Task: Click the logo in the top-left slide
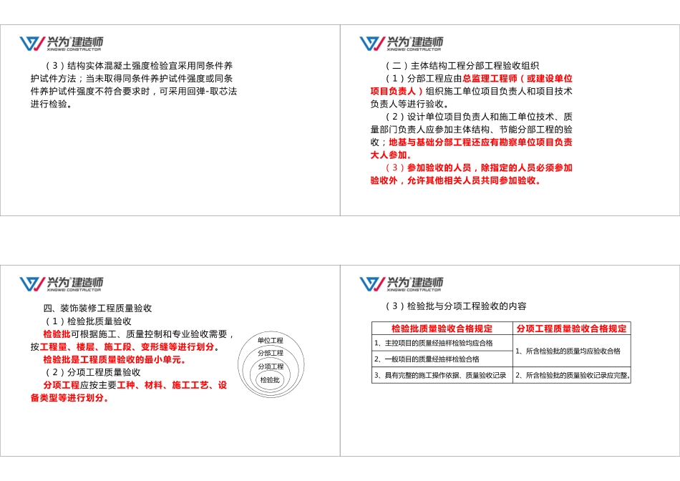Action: click(x=61, y=44)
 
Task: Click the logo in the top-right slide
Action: click(x=401, y=44)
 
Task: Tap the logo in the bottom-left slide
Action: click(x=61, y=283)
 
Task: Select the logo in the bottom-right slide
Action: click(x=401, y=283)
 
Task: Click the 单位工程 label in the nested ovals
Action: click(x=271, y=341)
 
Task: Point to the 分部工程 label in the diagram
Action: click(x=271, y=354)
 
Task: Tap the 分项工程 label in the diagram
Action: click(x=271, y=366)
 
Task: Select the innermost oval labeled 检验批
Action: click(x=271, y=380)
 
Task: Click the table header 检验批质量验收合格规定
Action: click(x=442, y=329)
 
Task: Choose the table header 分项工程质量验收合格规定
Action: click(x=572, y=329)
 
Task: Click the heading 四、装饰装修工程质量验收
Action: click(x=97, y=308)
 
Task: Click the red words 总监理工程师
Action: click(x=488, y=79)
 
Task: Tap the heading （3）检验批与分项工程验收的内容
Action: click(x=455, y=306)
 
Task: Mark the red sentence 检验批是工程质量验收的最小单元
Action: click(x=115, y=359)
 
